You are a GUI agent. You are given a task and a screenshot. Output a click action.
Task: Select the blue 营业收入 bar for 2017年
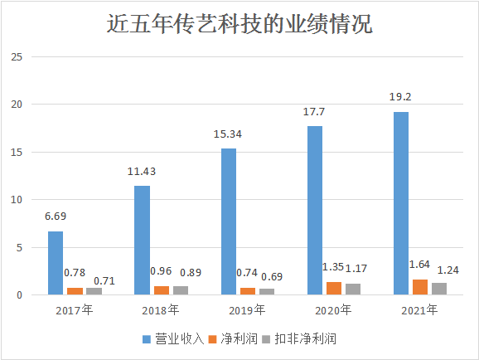[56, 263]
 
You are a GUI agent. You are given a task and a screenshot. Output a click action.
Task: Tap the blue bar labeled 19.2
[401, 203]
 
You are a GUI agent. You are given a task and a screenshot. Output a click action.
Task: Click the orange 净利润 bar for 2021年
[420, 287]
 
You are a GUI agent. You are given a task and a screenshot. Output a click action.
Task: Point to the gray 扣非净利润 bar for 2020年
[354, 289]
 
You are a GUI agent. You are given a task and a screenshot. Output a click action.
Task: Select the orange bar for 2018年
[161, 290]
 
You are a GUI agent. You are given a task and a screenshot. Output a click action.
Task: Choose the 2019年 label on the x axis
[247, 310]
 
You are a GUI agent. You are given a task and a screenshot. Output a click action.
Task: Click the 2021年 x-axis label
[420, 310]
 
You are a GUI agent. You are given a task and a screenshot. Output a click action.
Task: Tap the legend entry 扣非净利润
[307, 338]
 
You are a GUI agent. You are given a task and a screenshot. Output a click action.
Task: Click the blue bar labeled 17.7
[315, 211]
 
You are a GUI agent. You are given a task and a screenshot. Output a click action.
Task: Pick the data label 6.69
[55, 216]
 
